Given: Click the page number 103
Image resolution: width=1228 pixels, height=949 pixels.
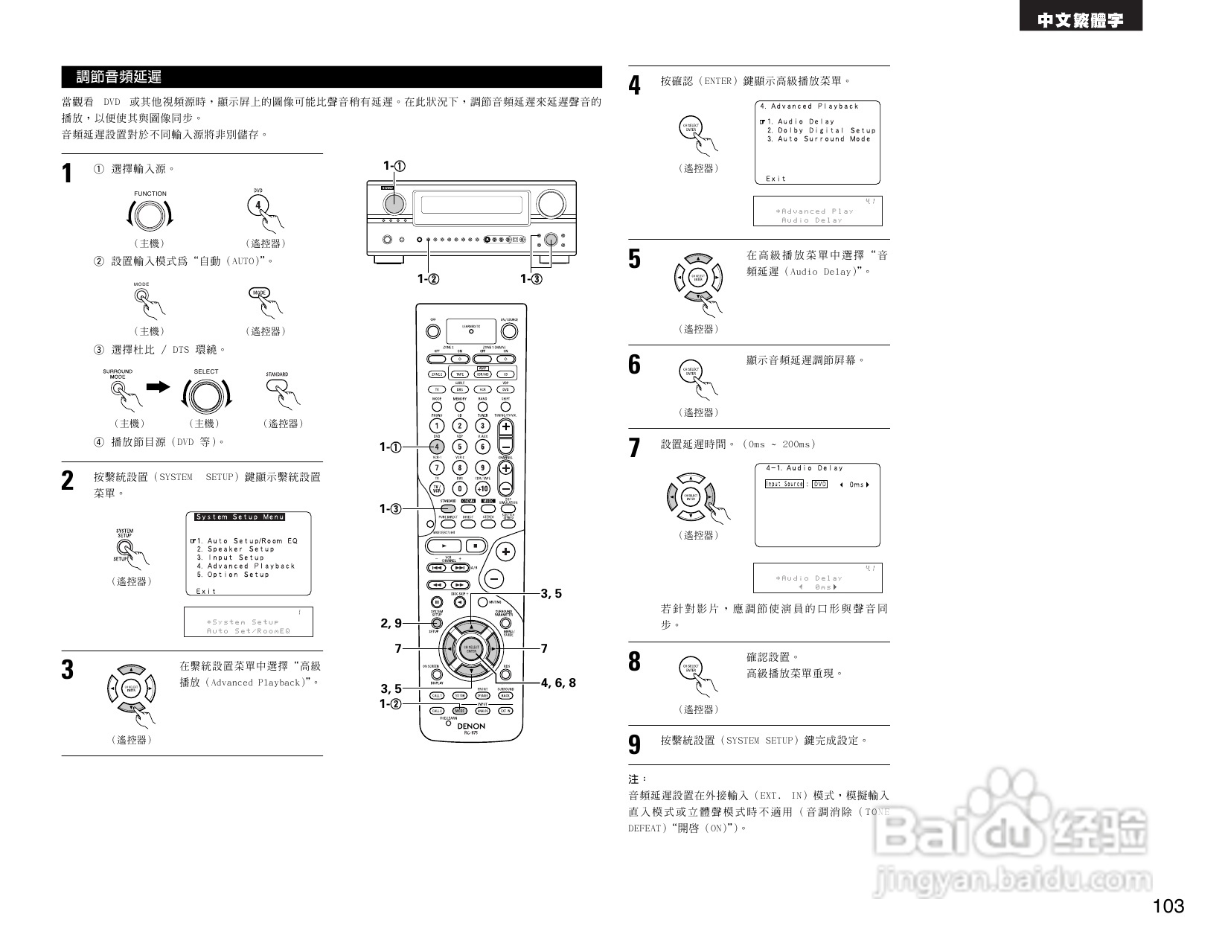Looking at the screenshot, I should pos(1168,906).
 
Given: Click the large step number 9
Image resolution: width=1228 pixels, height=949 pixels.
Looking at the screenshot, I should pos(634,744).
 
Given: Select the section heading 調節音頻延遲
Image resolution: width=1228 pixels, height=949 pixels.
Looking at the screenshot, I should pos(119,77).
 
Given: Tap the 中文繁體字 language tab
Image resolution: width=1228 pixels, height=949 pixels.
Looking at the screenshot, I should pos(1081,21).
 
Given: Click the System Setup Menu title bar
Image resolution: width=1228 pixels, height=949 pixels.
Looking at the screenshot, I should pos(240,517).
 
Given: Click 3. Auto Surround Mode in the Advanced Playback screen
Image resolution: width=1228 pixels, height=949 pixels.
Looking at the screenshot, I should pos(819,139).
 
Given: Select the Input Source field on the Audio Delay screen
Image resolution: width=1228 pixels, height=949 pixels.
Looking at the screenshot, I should pos(784,484).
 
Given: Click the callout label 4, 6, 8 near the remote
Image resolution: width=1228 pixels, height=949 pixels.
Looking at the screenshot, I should pos(558,683).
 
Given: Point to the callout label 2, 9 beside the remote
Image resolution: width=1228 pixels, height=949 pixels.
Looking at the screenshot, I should pos(391,624).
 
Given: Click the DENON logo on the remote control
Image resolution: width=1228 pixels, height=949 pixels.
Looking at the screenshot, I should pos(470,726).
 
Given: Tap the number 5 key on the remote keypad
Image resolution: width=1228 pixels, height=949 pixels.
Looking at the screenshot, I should pos(459,447).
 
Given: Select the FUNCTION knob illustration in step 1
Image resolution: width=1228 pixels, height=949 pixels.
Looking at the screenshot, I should pos(150,215).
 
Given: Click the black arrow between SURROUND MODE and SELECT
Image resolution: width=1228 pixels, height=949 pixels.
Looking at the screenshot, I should pos(158,387).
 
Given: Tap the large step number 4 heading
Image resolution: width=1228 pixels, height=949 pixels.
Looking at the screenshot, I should pos(634,86).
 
